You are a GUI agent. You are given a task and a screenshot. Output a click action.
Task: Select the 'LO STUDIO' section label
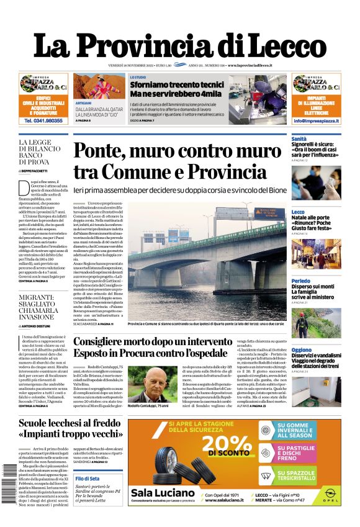(x=138, y=78)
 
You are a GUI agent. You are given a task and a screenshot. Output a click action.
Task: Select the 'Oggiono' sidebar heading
(x=302, y=350)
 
